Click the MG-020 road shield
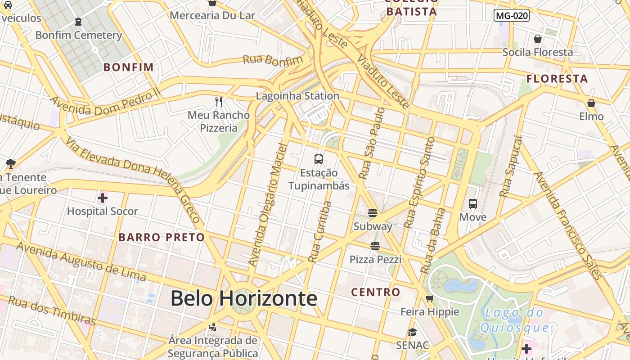511,16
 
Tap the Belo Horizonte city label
243,298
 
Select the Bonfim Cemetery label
79,35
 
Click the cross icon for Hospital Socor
103,198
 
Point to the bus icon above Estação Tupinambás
319,159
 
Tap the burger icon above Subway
373,213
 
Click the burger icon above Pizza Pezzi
375,246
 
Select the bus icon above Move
473,204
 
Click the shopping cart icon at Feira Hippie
430,298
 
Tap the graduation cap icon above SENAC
412,332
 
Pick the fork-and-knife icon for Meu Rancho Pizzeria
219,101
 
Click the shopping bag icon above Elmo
591,103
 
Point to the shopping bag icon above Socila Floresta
538,39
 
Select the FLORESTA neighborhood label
557,79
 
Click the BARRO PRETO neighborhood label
162,237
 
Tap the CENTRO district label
375,292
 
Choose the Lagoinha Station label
297,96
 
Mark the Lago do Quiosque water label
514,320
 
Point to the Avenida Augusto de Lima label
81,261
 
